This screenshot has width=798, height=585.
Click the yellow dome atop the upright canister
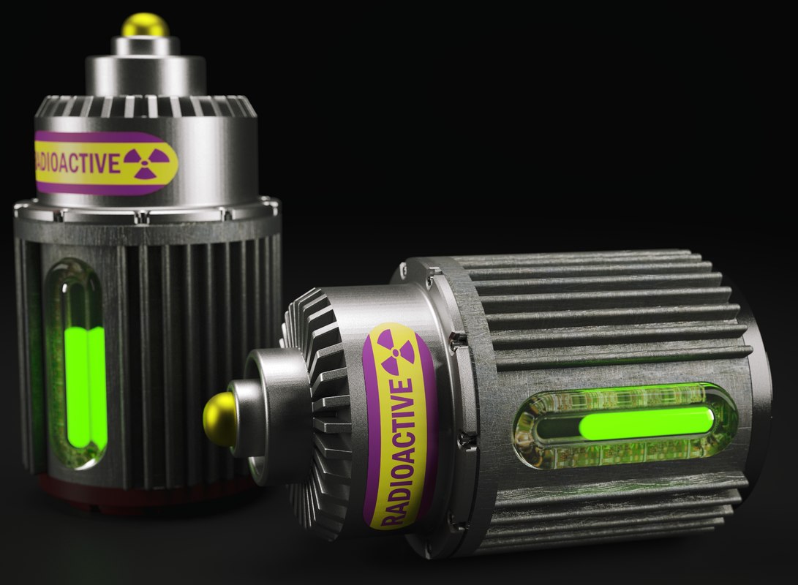pos(145,25)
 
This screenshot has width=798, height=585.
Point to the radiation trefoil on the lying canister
pos(396,351)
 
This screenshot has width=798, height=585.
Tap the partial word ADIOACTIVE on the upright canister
pos(77,162)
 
